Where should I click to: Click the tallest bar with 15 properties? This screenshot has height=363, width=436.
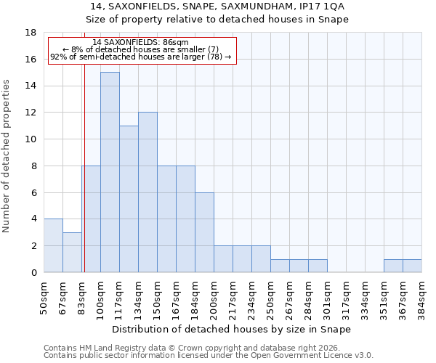pyautogui.click(x=110, y=172)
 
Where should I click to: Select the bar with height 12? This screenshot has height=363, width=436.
pyautogui.click(x=148, y=192)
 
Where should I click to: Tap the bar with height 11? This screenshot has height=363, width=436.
pyautogui.click(x=129, y=199)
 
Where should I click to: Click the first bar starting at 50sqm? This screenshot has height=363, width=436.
pyautogui.click(x=53, y=245)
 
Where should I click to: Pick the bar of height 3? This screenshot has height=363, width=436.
pyautogui.click(x=72, y=252)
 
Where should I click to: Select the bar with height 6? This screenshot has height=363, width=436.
pyautogui.click(x=204, y=232)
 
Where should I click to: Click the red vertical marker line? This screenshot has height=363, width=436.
pyautogui.click(x=84, y=181)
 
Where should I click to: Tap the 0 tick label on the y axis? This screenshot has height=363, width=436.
pyautogui.click(x=33, y=273)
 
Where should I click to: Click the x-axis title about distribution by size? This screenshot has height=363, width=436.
pyautogui.click(x=233, y=329)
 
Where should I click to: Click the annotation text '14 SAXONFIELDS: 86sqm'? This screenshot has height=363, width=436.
pyautogui.click(x=141, y=43)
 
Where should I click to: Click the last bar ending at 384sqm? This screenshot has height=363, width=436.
pyautogui.click(x=412, y=266)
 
